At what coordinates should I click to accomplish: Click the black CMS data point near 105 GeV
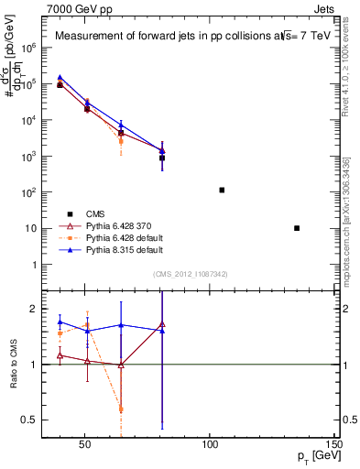pos(222,190)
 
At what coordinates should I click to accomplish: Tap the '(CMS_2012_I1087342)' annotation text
pos(191,273)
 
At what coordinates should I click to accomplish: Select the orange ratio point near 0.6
pos(121,409)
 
